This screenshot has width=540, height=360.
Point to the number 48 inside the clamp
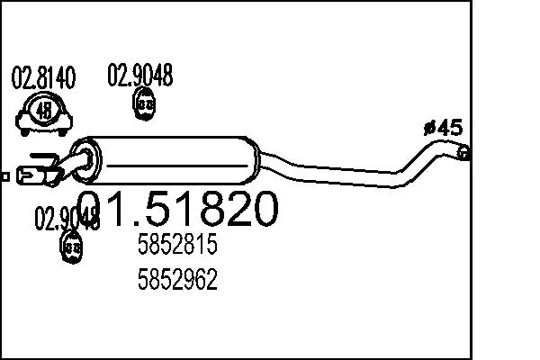tap(43, 112)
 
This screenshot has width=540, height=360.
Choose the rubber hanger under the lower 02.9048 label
tap(71, 245)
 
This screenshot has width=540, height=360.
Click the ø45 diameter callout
tap(442, 127)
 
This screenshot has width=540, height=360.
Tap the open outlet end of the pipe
tap(463, 153)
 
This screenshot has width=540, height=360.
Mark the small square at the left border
tap(4, 177)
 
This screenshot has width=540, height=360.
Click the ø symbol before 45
tap(428, 128)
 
